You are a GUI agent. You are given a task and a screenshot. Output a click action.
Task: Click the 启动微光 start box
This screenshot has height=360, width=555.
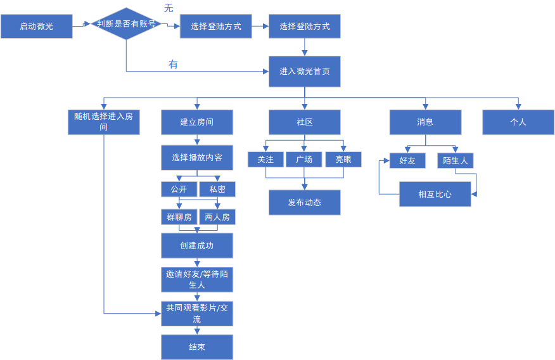pyautogui.click(x=36, y=26)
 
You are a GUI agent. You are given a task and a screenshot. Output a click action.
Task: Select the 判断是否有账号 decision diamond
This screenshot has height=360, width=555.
pyautogui.click(x=126, y=25)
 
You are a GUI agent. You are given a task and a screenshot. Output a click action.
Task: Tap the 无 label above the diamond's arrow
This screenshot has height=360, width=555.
pyautogui.click(x=169, y=8)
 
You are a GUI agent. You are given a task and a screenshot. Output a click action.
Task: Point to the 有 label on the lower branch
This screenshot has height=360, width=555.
pyautogui.click(x=173, y=64)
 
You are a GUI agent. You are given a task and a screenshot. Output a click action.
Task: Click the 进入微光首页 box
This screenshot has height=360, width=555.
pyautogui.click(x=304, y=72)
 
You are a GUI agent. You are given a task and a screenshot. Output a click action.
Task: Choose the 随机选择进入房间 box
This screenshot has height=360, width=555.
pyautogui.click(x=103, y=122)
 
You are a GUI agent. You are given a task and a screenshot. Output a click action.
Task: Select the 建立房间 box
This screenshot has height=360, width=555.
pyautogui.click(x=196, y=122)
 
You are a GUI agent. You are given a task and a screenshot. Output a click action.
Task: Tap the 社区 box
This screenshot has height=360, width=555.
pyautogui.click(x=304, y=122)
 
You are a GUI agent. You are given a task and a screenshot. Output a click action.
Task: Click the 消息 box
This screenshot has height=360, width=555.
pyautogui.click(x=425, y=122)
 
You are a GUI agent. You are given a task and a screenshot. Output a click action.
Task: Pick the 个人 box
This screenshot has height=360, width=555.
pyautogui.click(x=518, y=122)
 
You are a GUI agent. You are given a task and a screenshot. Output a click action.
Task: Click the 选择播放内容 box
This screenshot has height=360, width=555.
pyautogui.click(x=196, y=158)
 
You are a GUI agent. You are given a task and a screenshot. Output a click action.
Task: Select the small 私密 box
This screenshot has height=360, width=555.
pyautogui.click(x=217, y=190)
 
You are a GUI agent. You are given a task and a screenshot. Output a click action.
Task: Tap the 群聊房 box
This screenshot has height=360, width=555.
pyautogui.click(x=179, y=217)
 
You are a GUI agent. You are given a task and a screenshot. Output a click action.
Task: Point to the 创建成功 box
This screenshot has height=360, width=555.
pyautogui.click(x=196, y=245)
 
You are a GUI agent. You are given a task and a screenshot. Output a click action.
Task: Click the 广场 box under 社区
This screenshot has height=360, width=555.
pyautogui.click(x=304, y=160)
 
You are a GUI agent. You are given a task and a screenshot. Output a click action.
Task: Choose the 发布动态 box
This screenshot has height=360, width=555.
pyautogui.click(x=304, y=203)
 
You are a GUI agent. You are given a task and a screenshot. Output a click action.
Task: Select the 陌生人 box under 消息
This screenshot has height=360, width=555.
pyautogui.click(x=455, y=161)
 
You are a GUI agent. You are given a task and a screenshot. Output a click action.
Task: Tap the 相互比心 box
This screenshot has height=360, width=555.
pyautogui.click(x=435, y=194)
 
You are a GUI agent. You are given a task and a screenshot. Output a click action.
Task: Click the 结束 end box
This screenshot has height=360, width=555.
pyautogui.click(x=196, y=347)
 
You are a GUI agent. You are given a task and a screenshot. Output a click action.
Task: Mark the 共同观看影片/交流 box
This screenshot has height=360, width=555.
pyautogui.click(x=196, y=313)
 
